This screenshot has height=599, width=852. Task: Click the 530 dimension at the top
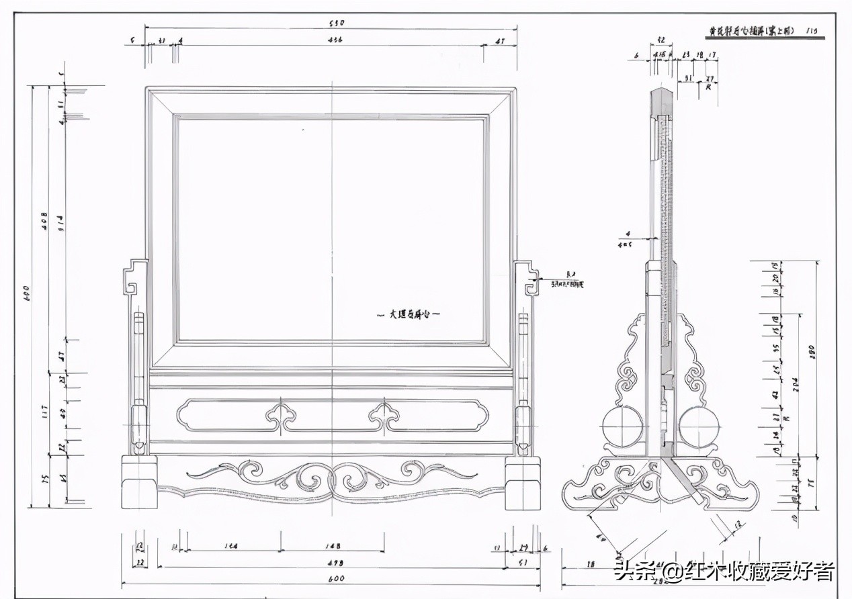coord(336,24)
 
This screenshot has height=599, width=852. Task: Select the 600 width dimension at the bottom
coord(336,579)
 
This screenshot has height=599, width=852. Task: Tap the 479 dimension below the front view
coord(336,563)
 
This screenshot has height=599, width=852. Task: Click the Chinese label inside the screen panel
coord(408,314)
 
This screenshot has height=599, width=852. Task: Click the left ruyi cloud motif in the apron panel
coord(281,416)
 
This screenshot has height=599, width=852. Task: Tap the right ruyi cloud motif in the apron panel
coord(384,416)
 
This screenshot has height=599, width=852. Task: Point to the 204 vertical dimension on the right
coord(796,383)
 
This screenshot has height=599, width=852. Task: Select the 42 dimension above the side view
coord(661,40)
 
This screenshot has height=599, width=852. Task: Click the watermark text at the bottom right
coord(724,572)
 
